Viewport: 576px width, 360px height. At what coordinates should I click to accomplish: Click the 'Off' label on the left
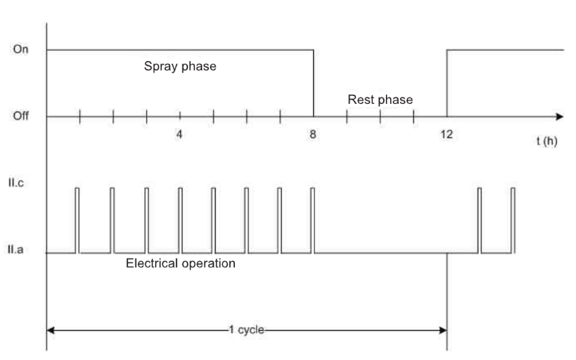20,116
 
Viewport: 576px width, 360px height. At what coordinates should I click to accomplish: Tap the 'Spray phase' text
180,68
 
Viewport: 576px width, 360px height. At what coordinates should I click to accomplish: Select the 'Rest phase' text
379,100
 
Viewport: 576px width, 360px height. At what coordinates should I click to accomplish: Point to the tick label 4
179,134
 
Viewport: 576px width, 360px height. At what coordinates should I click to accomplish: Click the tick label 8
313,134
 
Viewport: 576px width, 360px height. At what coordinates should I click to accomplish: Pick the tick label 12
446,134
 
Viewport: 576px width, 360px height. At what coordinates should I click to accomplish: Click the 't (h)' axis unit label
547,141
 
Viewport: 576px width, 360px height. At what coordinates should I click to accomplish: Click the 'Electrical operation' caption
181,264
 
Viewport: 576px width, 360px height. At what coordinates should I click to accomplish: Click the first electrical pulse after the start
77,220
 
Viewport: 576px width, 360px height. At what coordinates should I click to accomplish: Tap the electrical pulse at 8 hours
313,220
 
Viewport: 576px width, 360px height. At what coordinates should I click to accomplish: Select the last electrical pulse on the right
513,220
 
